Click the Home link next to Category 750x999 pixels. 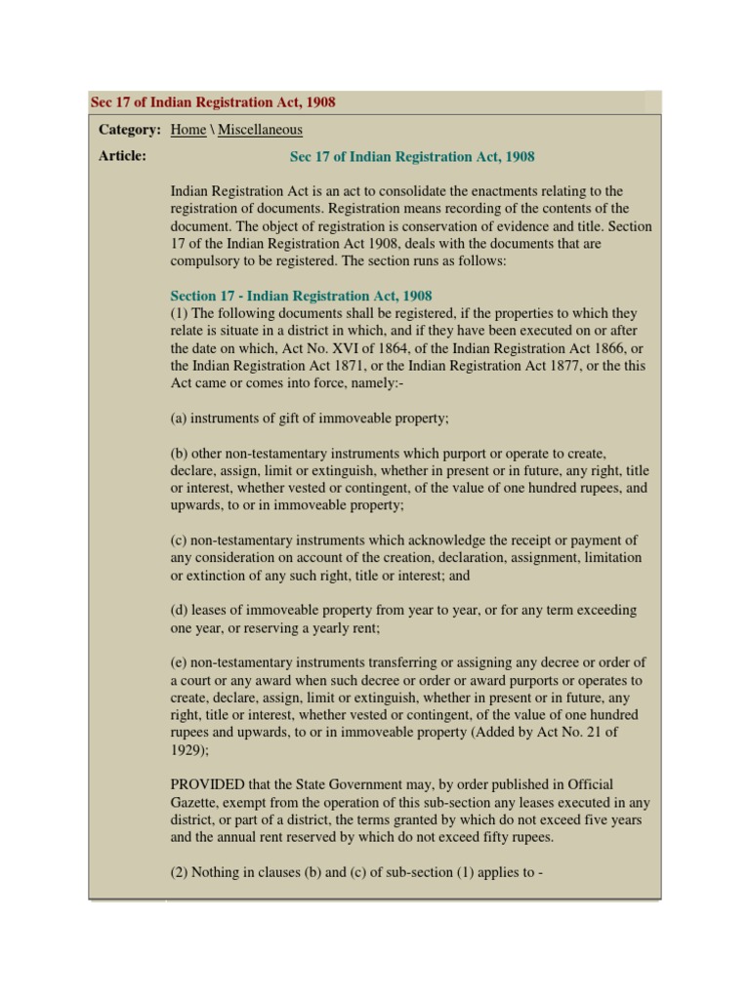click(188, 130)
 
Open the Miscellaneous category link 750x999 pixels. click(260, 130)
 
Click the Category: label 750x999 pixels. click(129, 130)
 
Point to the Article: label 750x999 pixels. click(122, 156)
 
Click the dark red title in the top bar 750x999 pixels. click(213, 102)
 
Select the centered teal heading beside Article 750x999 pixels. click(412, 156)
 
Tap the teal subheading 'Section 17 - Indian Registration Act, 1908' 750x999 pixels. click(301, 296)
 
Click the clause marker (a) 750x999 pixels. click(179, 419)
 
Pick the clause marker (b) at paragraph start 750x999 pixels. click(179, 454)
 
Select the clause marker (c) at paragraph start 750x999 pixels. click(179, 540)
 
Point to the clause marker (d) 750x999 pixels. click(179, 610)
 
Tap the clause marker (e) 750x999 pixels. click(179, 662)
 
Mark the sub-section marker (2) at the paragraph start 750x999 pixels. click(179, 872)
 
